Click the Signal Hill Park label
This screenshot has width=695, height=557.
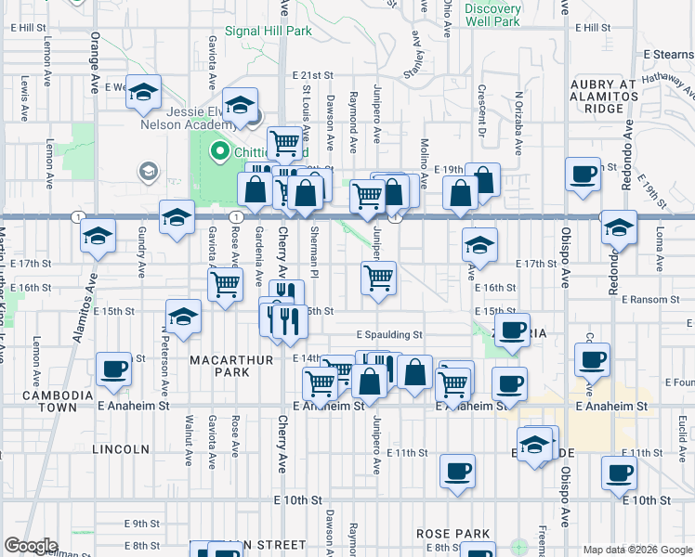pyautogui.click(x=273, y=31)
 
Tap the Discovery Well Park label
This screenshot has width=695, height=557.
pyautogui.click(x=492, y=15)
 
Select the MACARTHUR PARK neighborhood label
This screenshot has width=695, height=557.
pyautogui.click(x=220, y=366)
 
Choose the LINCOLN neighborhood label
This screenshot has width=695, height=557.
pyautogui.click(x=121, y=449)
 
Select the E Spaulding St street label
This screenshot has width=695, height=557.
pyautogui.click(x=389, y=334)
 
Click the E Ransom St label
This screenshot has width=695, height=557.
pyautogui.click(x=656, y=300)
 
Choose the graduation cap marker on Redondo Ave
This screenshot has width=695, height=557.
pyautogui.click(x=619, y=227)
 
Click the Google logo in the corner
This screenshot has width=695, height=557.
pyautogui.click(x=30, y=546)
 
